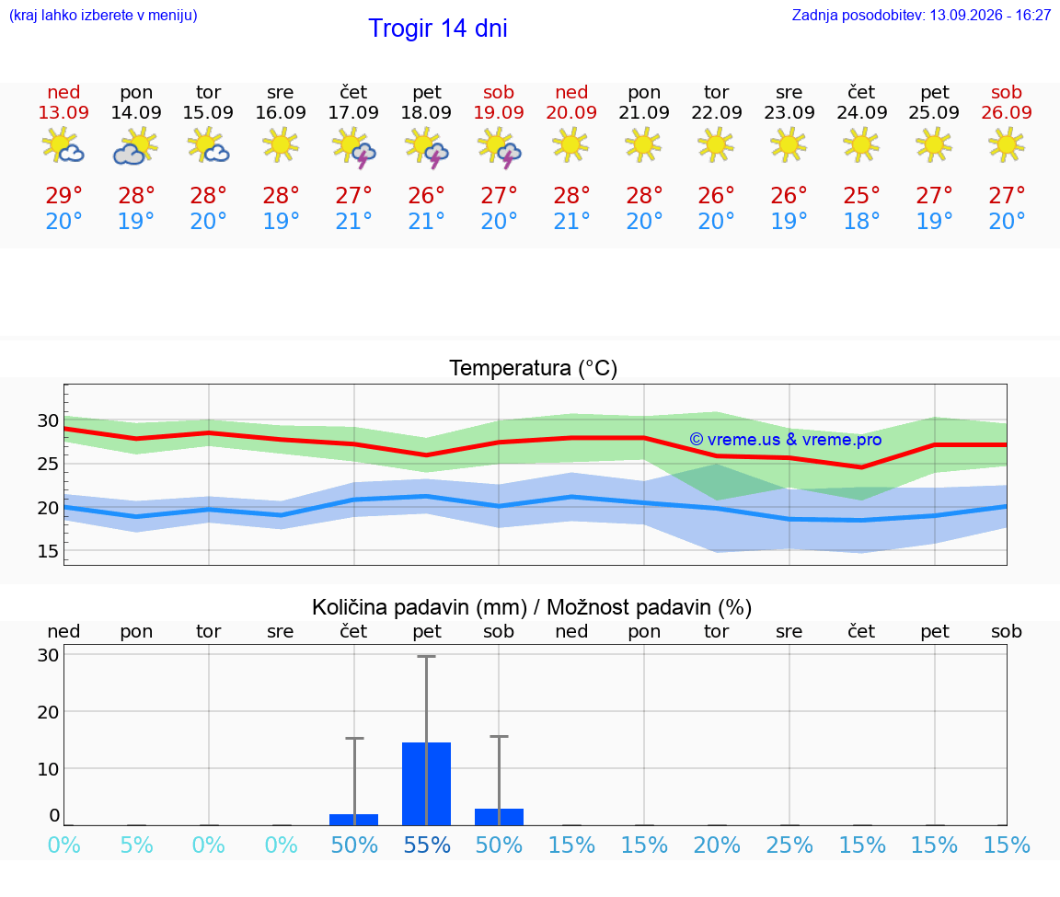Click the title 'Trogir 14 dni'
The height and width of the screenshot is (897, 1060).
(437, 29)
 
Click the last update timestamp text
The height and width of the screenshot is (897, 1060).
(921, 15)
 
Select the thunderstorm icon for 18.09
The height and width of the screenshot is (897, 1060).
(426, 148)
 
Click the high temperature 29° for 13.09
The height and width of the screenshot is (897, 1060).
(63, 195)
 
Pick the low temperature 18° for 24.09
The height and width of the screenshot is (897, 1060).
(861, 221)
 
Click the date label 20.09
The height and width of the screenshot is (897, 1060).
(571, 112)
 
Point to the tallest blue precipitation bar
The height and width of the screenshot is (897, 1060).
(427, 784)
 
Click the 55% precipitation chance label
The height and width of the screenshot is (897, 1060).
(427, 845)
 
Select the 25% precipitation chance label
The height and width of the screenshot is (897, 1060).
(789, 845)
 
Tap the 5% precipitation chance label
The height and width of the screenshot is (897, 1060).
(136, 845)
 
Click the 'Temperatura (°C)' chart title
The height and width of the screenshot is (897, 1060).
(534, 368)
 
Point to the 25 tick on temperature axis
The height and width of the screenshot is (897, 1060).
(48, 464)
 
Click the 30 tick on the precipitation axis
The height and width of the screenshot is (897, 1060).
(48, 654)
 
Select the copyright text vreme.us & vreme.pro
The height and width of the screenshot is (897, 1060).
(786, 440)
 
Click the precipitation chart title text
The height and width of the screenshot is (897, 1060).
(532, 607)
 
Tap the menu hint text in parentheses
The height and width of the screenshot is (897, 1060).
(103, 15)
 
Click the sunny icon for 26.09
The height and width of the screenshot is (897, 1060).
(1006, 144)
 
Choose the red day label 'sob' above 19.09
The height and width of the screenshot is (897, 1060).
(499, 92)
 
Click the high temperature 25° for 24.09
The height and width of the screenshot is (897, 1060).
(861, 195)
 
